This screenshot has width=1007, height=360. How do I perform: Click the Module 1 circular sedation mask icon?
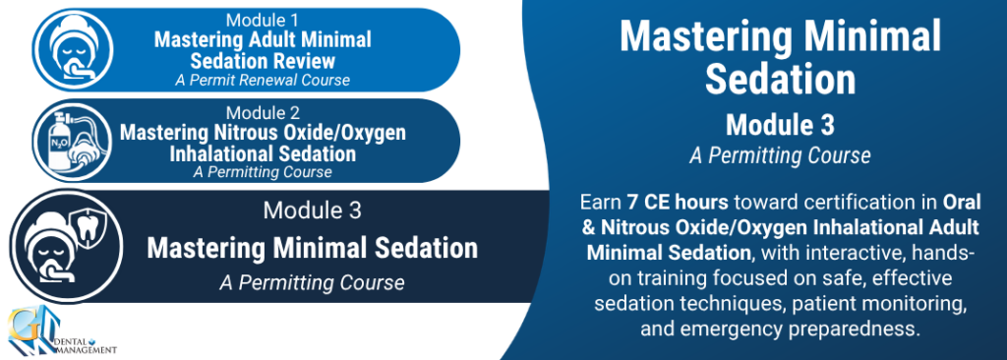point(73,50)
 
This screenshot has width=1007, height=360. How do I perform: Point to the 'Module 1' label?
point(262,22)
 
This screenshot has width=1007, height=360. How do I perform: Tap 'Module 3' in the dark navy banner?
point(312,210)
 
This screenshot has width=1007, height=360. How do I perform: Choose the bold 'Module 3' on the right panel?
point(780,125)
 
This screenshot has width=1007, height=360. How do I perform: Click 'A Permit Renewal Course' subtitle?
point(263,81)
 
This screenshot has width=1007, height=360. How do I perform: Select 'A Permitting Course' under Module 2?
point(263,172)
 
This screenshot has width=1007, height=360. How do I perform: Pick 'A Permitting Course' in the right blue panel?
point(780,155)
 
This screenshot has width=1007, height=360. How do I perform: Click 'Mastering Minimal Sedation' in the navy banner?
point(312,249)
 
